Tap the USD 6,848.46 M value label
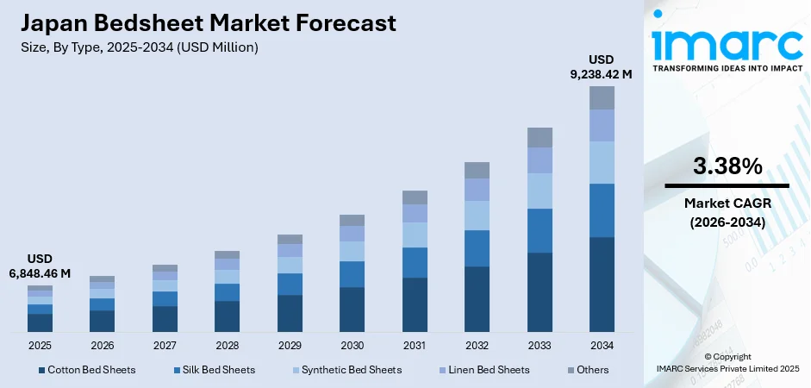click(x=40, y=266)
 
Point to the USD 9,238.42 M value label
click(x=602, y=66)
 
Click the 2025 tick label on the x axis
click(x=40, y=345)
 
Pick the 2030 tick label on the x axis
click(x=352, y=345)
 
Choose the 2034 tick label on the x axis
click(x=602, y=345)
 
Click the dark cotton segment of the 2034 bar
click(x=602, y=284)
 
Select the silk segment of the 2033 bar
click(x=540, y=230)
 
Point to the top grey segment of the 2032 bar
click(x=477, y=170)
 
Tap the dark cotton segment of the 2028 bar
click(x=227, y=316)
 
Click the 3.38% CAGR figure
click(x=727, y=166)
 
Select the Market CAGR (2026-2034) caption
click(x=727, y=212)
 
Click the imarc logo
click(x=726, y=41)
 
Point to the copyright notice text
click(x=727, y=362)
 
